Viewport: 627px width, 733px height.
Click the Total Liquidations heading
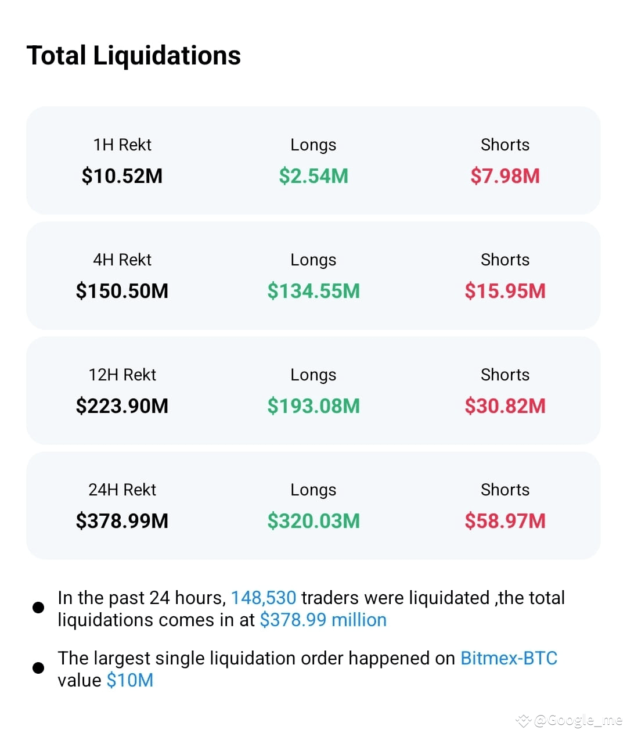[134, 56]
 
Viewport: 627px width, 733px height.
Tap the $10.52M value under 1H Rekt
[122, 176]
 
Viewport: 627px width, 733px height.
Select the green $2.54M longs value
[313, 176]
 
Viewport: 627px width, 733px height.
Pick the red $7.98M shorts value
[505, 176]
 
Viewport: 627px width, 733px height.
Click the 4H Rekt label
[122, 260]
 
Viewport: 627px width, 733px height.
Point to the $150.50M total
[122, 291]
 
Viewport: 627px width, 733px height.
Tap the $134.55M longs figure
[313, 291]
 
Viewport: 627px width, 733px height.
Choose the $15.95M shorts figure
[505, 291]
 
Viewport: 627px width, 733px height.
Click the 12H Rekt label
[122, 375]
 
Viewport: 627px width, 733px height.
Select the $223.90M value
[122, 406]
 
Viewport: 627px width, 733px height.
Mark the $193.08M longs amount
[313, 406]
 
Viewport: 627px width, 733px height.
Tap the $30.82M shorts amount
[505, 406]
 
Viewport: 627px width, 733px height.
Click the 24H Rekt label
[122, 490]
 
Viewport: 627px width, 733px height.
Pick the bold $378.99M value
[122, 521]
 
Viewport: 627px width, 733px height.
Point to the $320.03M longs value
[313, 521]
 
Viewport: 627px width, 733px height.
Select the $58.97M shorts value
[505, 521]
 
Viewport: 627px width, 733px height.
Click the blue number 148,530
[264, 598]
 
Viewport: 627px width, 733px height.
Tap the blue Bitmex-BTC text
[509, 658]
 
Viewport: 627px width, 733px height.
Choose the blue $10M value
[130, 680]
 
